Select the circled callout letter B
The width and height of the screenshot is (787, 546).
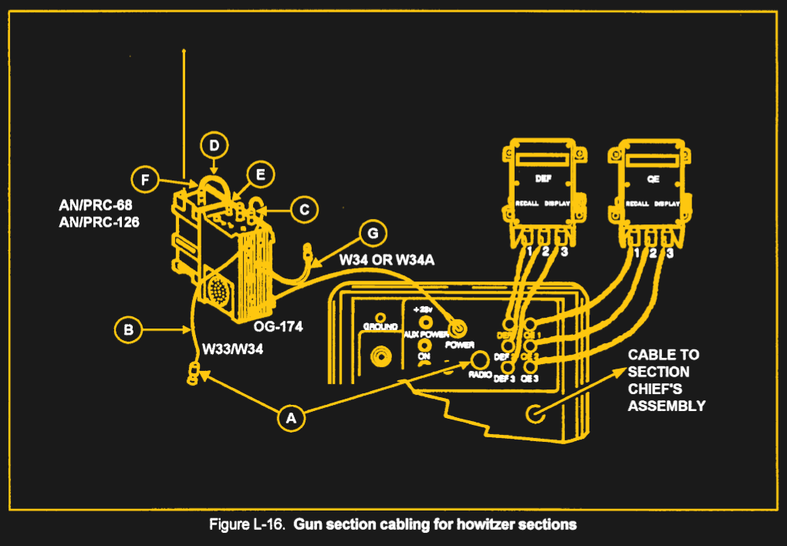click(129, 330)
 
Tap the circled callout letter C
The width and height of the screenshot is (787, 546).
click(305, 208)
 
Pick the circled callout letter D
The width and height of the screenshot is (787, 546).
click(214, 145)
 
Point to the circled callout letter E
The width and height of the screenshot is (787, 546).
click(260, 175)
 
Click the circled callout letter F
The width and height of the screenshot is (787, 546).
click(144, 181)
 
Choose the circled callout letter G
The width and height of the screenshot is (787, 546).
click(373, 232)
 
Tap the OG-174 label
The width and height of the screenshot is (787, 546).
click(278, 327)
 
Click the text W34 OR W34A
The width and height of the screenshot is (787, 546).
click(387, 260)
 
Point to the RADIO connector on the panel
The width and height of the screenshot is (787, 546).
click(480, 360)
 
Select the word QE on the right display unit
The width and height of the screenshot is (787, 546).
click(652, 178)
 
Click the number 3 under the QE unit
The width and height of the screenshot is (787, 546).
click(669, 254)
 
